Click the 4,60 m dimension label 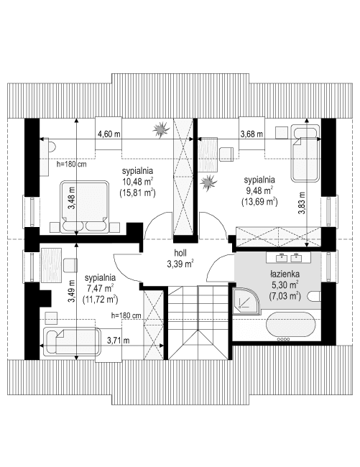pos(109,134)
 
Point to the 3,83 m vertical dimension pos(303,201)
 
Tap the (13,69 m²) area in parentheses pos(259,202)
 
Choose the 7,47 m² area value pos(100,287)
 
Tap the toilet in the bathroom pos(315,297)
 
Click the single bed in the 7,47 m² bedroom pos(70,339)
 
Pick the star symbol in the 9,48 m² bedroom pos(209,182)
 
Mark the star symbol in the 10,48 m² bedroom pos(160,129)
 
